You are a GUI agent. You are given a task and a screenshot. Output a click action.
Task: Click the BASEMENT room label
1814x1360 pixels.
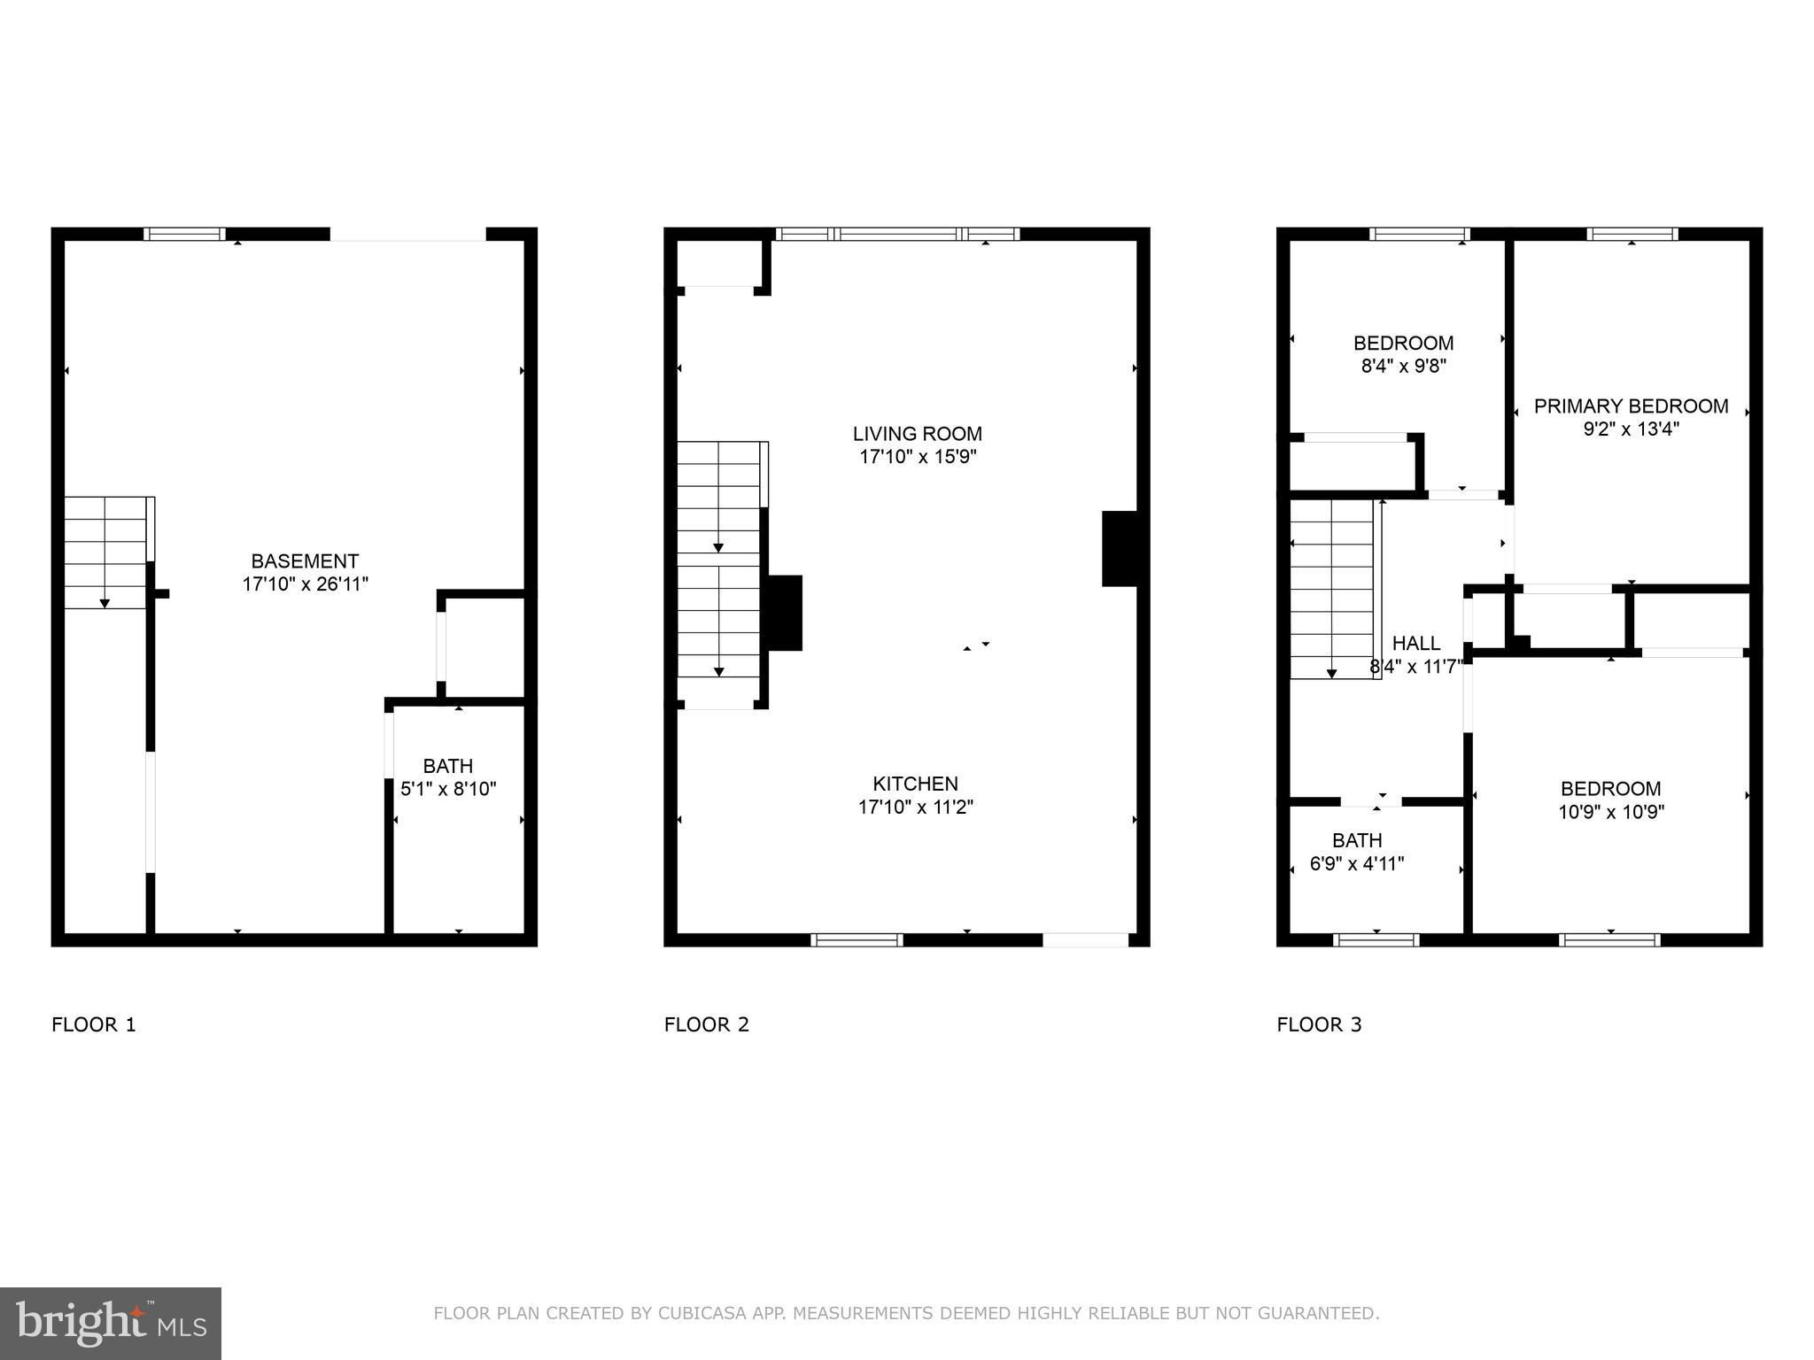tap(305, 561)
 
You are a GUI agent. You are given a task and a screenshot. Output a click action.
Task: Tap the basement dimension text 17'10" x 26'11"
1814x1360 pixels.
tap(305, 584)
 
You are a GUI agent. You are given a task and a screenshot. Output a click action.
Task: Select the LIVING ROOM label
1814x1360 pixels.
tap(918, 434)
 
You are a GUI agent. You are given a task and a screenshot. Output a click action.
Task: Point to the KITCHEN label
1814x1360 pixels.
tap(916, 784)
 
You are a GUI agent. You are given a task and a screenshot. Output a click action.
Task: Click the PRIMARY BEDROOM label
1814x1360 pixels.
tap(1632, 406)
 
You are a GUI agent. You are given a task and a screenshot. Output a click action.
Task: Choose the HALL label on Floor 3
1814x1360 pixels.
tap(1416, 644)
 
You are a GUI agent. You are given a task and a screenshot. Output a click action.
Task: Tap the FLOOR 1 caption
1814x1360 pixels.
tap(94, 1025)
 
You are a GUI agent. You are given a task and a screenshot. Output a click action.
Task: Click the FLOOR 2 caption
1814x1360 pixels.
tap(707, 1025)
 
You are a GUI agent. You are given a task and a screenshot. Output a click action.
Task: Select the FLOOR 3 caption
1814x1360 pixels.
tap(1320, 1025)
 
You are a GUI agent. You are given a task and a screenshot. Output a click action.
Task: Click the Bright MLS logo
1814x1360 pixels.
tap(111, 1323)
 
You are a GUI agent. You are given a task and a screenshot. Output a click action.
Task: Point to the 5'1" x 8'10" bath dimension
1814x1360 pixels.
tap(448, 789)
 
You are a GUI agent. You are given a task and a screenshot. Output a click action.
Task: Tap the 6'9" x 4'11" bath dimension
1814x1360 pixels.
tap(1357, 863)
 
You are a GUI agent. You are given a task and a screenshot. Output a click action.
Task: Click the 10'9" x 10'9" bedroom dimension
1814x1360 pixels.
tap(1611, 812)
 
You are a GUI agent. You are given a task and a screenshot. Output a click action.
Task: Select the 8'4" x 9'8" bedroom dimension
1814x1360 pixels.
tap(1404, 366)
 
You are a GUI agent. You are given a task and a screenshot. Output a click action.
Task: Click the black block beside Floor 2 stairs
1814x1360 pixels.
tap(784, 613)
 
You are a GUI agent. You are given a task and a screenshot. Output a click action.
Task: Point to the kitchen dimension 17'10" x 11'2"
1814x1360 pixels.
tap(916, 807)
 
